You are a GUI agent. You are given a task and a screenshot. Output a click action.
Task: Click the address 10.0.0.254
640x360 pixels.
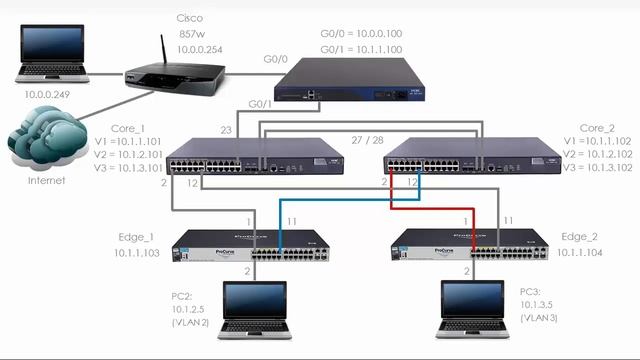199,49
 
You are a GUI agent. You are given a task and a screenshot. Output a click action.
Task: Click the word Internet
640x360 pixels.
44,181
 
